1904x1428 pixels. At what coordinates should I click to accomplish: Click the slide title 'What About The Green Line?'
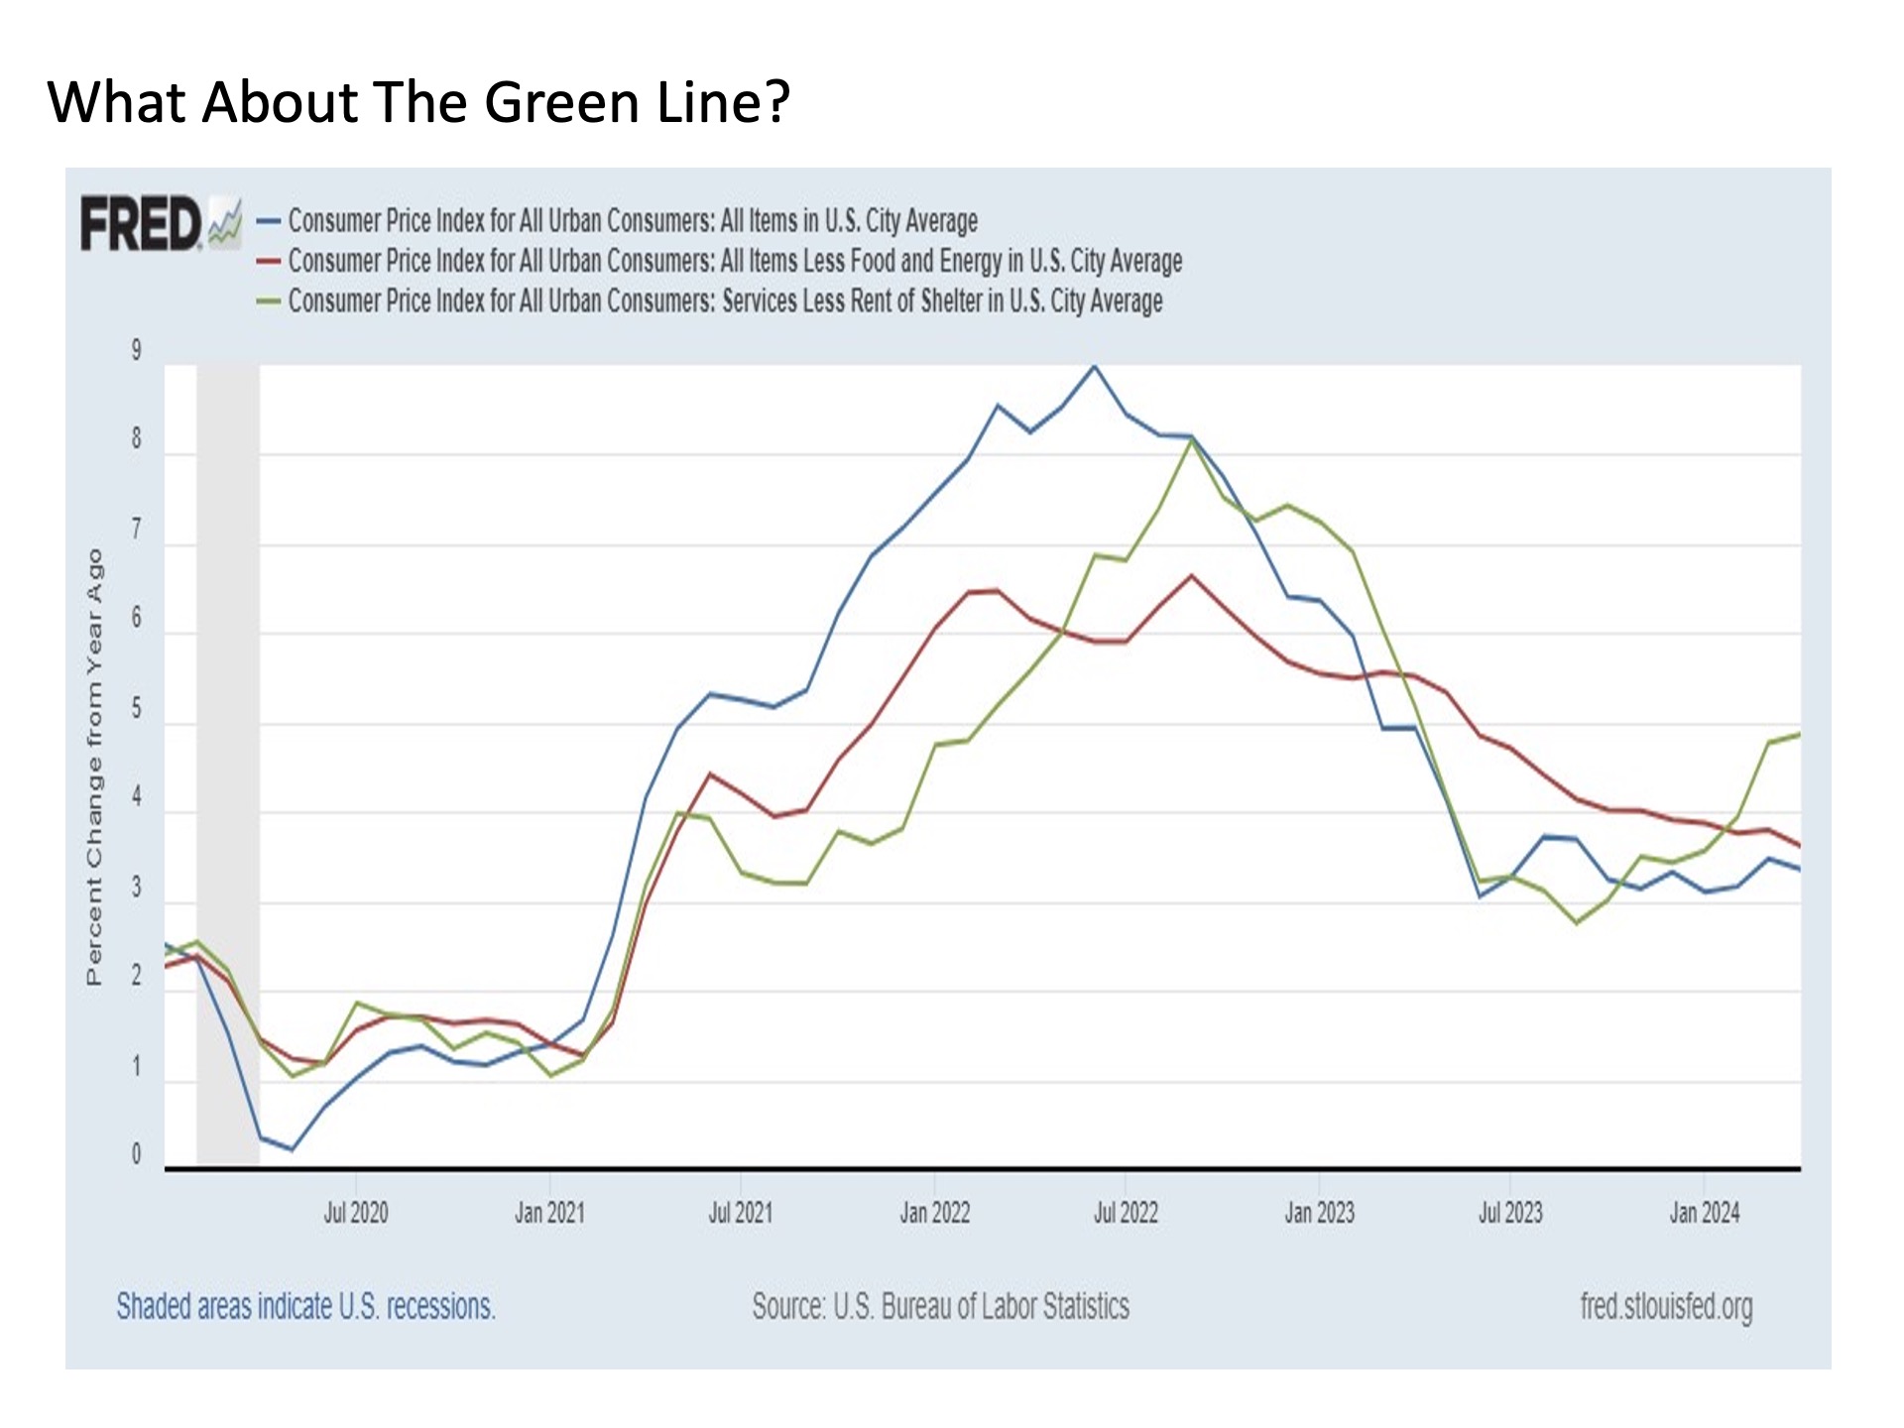coord(418,102)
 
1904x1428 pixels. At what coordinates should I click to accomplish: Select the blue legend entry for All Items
coord(632,220)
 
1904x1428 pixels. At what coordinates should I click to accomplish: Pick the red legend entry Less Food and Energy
coord(734,261)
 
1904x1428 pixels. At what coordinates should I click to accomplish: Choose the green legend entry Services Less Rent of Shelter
coord(724,300)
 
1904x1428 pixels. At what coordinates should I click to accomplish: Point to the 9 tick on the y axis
coord(137,350)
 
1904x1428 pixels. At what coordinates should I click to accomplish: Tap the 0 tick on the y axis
coord(137,1154)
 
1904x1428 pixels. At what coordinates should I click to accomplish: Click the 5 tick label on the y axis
coord(137,709)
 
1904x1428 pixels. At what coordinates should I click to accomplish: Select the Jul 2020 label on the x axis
coord(356,1213)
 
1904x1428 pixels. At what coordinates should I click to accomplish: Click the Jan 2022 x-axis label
coord(934,1213)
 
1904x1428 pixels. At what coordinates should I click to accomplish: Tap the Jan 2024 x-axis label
coord(1704,1213)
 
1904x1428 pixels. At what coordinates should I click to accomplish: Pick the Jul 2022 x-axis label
coord(1126,1213)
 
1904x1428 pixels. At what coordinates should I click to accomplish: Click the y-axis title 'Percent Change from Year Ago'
coord(95,767)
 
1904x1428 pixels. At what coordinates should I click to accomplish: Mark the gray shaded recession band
coord(228,764)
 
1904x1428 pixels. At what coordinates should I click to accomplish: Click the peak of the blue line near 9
coord(1095,366)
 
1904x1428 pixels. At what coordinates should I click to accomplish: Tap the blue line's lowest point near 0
coord(292,1149)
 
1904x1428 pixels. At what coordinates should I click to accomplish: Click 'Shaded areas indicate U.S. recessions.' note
coord(305,1307)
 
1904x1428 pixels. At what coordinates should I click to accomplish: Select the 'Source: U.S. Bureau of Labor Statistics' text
coord(940,1307)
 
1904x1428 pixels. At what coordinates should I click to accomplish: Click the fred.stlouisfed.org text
coord(1666,1307)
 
